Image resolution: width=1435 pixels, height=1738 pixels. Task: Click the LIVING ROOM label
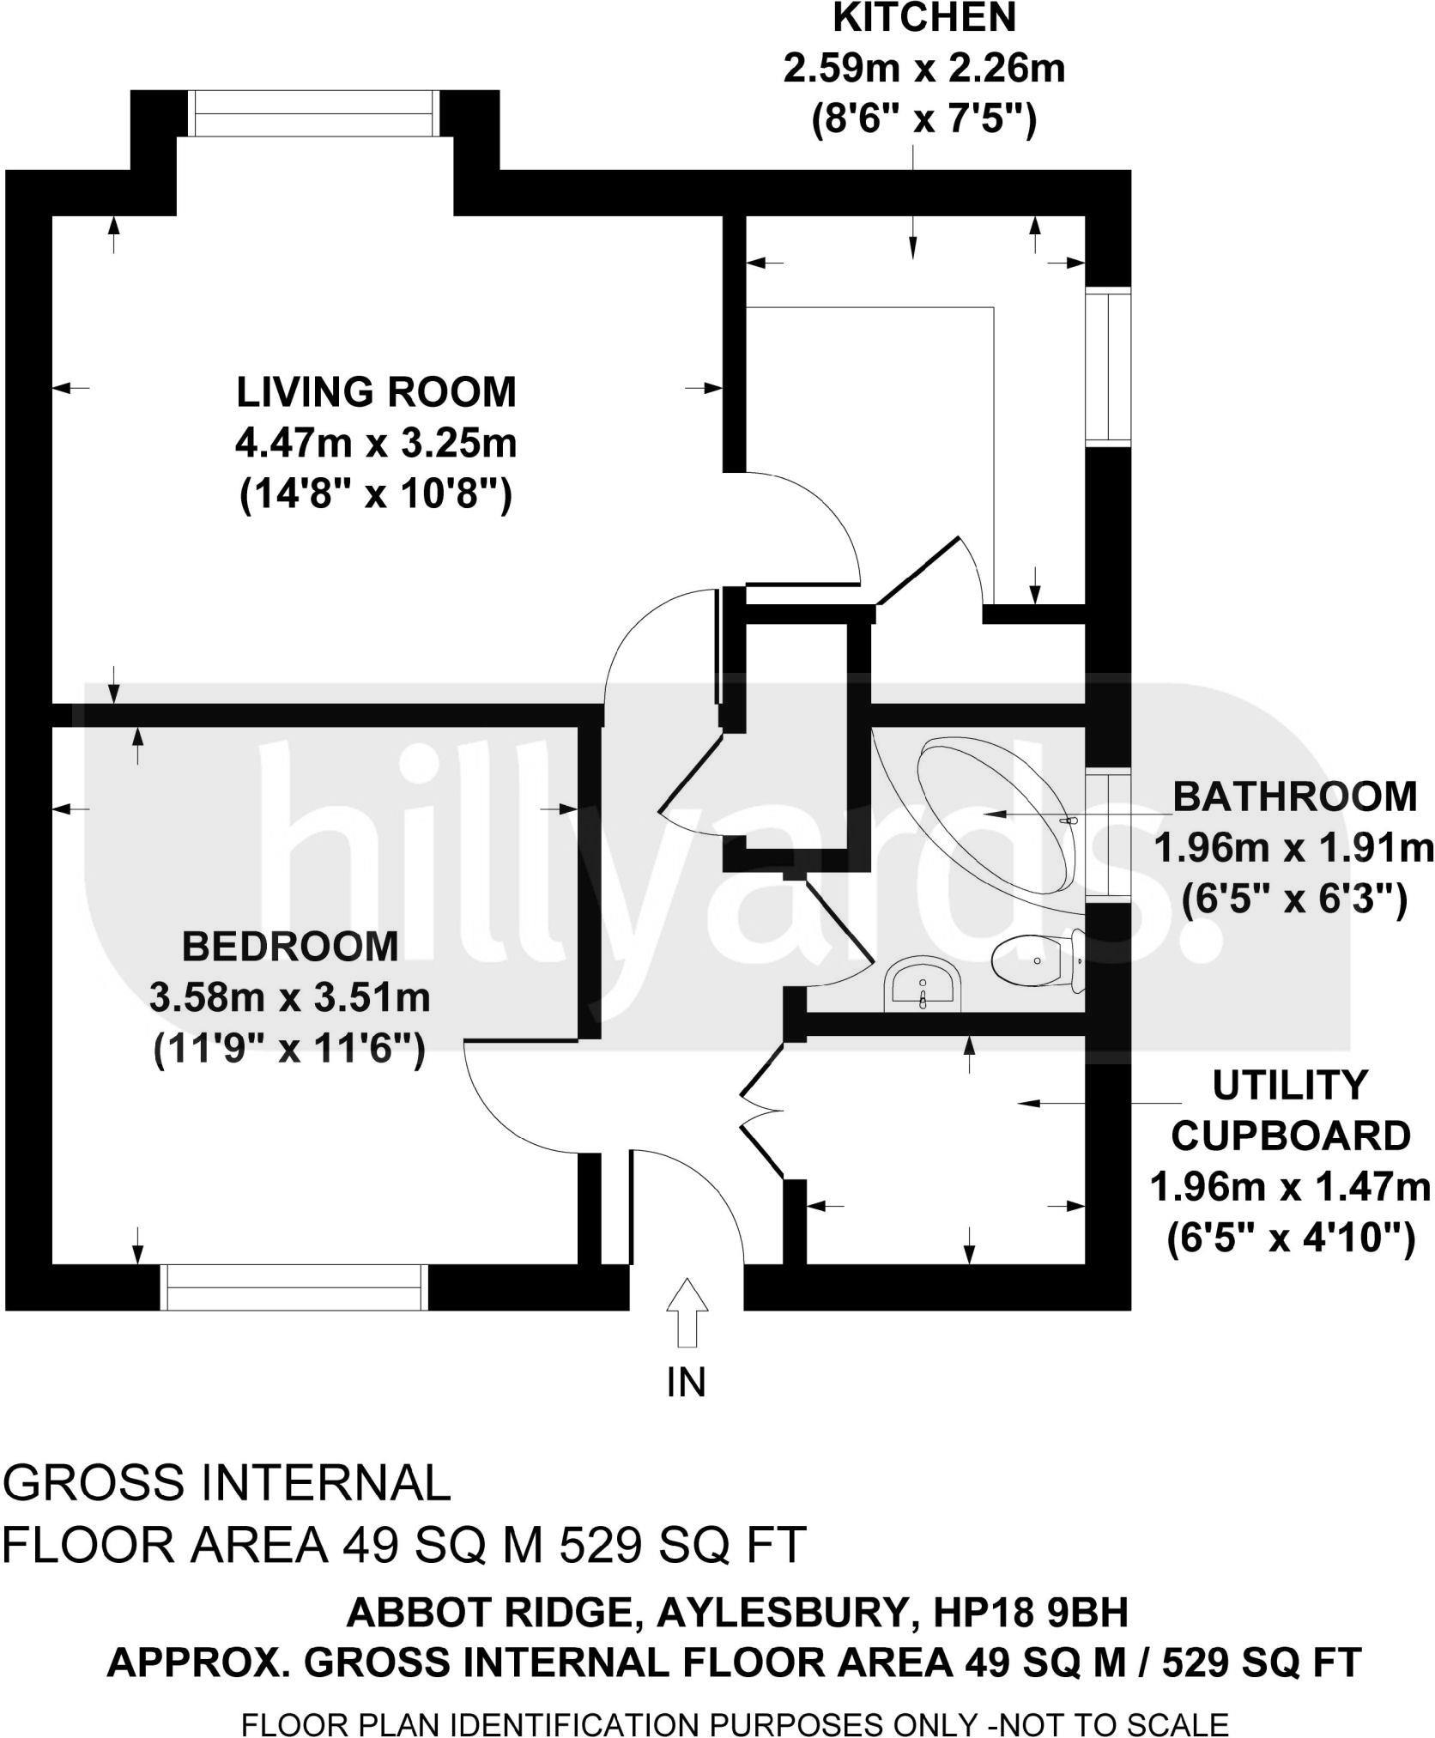(x=376, y=392)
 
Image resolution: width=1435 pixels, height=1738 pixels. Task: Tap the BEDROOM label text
(x=290, y=947)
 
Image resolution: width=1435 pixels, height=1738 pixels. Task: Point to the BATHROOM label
(x=1294, y=796)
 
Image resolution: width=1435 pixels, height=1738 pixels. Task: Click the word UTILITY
(x=1289, y=1086)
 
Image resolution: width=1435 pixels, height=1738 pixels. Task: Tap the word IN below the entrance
(x=686, y=1382)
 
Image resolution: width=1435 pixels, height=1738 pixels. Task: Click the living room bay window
(x=313, y=113)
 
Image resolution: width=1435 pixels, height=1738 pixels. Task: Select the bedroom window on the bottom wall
(x=294, y=1287)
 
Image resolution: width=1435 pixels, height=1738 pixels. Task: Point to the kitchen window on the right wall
(x=1108, y=366)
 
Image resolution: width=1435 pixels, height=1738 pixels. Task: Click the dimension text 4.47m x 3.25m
(x=376, y=445)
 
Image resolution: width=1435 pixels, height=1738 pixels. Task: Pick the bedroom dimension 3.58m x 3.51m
(x=290, y=998)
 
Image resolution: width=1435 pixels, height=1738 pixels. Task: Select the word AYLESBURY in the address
(x=783, y=1614)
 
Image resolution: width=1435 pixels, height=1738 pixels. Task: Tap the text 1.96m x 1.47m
(x=1289, y=1189)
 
